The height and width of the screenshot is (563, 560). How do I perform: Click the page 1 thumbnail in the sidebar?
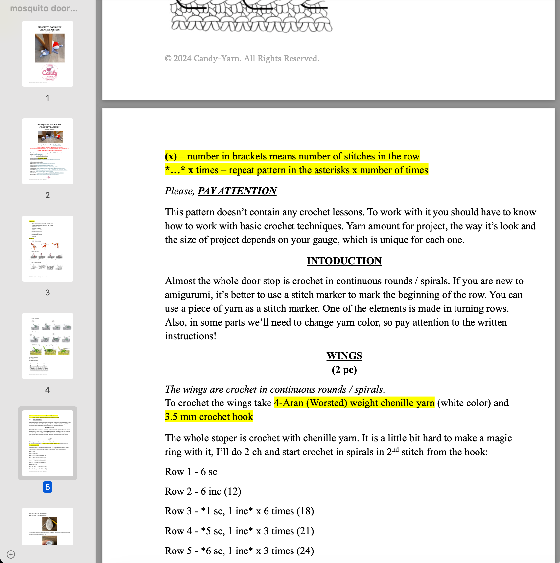pos(48,54)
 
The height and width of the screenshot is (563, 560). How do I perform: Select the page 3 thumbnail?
pos(48,249)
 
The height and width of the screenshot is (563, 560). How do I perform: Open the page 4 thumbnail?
pos(48,346)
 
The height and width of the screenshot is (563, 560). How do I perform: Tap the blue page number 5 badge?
pos(48,487)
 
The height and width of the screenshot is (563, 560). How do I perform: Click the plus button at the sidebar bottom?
pos(11,554)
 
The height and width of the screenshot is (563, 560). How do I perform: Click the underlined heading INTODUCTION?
pos(344,261)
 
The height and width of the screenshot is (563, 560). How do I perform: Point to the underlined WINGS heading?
pos(344,356)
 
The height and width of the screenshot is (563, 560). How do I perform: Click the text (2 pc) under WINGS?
pos(344,370)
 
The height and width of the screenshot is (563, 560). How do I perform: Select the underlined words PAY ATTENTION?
pos(237,191)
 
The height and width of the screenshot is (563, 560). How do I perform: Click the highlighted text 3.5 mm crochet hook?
pos(209,417)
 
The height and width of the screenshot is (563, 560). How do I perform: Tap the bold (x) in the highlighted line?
pos(171,156)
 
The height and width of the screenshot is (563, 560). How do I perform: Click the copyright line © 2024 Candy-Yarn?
pos(242,59)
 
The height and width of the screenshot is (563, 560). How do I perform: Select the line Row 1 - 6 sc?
pos(191,472)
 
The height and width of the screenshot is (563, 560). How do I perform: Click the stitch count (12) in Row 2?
pos(232,491)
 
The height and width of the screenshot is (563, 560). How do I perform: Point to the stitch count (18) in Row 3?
pos(305,511)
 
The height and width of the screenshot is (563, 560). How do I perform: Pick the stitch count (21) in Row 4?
pos(305,531)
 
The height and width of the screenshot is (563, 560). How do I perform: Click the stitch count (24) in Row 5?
pos(305,551)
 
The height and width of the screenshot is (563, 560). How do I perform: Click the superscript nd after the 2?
pos(395,450)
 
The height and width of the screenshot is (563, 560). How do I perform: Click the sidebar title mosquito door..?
pos(44,9)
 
